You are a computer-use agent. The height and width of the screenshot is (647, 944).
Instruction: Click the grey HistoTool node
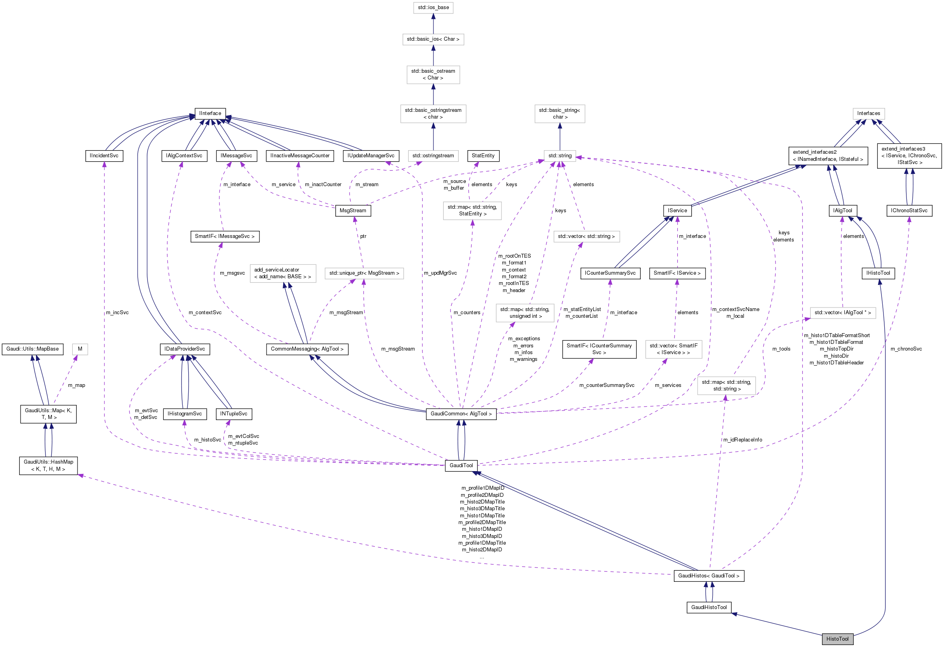tap(837, 639)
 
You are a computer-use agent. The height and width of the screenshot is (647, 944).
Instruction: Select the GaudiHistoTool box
tap(709, 607)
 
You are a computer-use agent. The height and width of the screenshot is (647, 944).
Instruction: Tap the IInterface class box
tap(210, 113)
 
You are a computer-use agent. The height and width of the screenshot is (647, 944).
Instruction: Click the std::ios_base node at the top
tap(433, 7)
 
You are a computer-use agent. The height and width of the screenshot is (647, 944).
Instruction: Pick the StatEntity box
tap(483, 155)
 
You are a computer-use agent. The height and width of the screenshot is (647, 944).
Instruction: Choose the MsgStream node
tap(353, 210)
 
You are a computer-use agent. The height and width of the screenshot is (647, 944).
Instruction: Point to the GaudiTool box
tap(461, 465)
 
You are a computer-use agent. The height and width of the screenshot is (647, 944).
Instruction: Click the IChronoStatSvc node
tap(909, 210)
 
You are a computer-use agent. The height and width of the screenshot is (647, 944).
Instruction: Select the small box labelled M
tap(80, 349)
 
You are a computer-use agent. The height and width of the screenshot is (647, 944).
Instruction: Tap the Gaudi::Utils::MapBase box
tap(32, 349)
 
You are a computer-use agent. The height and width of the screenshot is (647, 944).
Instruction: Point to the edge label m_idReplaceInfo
tap(742, 440)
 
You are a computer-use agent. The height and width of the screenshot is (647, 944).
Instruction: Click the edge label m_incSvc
tap(117, 312)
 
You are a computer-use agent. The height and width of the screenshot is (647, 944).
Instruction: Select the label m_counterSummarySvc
tap(606, 385)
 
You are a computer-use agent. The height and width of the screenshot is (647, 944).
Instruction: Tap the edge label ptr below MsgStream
tap(363, 236)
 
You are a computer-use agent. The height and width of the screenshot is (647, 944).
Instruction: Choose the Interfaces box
tap(868, 113)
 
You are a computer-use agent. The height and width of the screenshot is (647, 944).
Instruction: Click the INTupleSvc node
tap(234, 413)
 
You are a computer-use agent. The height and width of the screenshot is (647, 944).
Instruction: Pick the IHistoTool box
tap(878, 273)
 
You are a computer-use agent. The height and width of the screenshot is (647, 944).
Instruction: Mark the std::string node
tap(559, 155)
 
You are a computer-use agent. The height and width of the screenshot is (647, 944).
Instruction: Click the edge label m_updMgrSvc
tap(440, 273)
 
